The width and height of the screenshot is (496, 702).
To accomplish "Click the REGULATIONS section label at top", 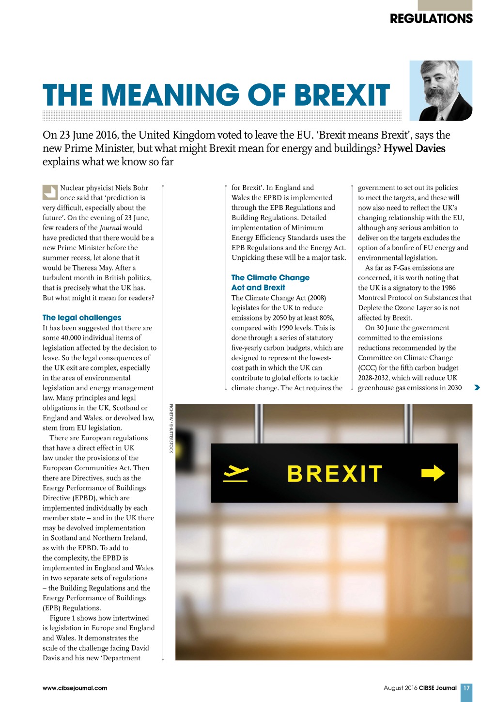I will click(x=431, y=18).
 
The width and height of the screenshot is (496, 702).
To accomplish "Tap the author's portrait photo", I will click(x=441, y=91).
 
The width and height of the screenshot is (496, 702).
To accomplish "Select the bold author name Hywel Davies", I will click(x=414, y=148).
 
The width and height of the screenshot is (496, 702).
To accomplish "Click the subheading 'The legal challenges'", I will click(x=82, y=318).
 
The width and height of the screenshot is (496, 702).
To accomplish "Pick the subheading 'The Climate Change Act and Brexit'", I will click(x=270, y=283).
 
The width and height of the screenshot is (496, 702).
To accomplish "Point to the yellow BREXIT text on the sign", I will click(x=335, y=474).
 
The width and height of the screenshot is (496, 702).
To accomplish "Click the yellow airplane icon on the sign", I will click(x=236, y=473).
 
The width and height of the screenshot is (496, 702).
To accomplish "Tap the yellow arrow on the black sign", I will click(x=433, y=473).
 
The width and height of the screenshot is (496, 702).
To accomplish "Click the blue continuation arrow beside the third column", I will click(x=477, y=387).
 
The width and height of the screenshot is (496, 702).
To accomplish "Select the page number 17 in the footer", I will click(x=466, y=688).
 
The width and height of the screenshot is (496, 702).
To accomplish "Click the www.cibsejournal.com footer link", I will click(x=75, y=688).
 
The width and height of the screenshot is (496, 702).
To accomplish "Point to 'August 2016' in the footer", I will click(x=400, y=688).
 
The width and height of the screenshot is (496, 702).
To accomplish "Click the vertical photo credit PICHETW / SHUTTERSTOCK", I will click(x=171, y=429).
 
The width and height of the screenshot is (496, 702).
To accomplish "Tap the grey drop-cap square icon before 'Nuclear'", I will click(x=50, y=192).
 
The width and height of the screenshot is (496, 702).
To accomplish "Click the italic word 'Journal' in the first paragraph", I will click(x=110, y=228).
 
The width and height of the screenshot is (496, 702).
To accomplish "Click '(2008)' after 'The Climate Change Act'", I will click(x=317, y=298).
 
